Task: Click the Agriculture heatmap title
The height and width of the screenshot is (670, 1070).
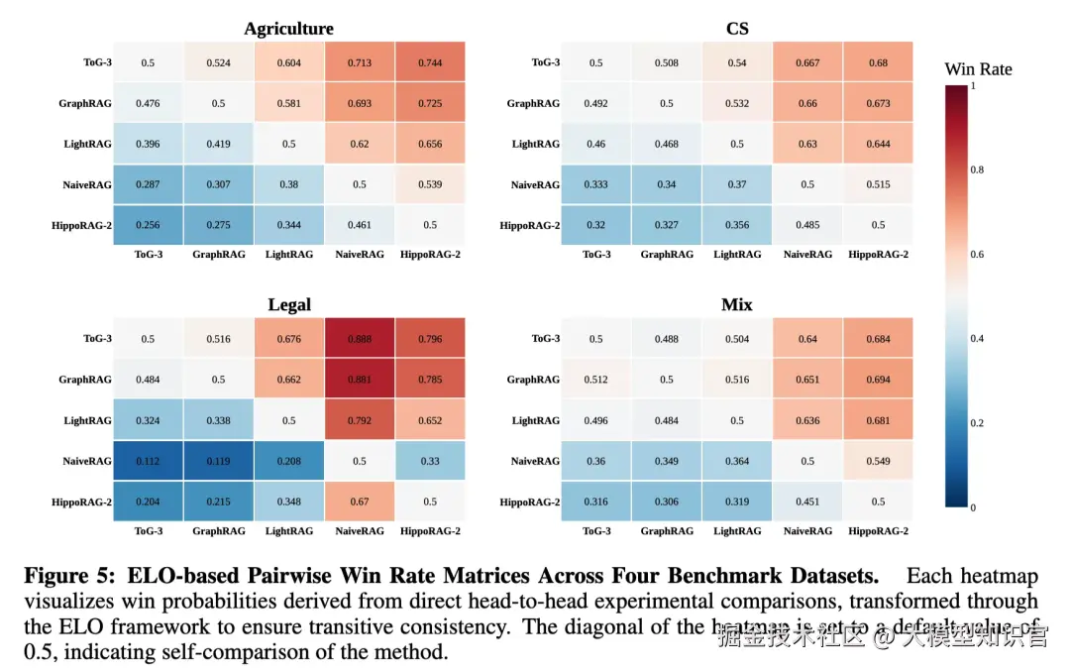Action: pos(288,29)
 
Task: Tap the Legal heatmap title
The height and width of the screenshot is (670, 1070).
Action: pos(288,304)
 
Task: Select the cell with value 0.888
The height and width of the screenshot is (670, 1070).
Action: pos(359,339)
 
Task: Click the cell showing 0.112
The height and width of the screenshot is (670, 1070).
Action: pos(148,461)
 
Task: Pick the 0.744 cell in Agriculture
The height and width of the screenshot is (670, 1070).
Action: pos(430,63)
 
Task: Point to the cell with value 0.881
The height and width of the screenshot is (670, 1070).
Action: pos(359,380)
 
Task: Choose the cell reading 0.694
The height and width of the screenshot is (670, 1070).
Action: pos(878,380)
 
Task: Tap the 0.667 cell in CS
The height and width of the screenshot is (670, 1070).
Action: pos(807,63)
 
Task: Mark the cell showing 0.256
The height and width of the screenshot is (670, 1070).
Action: pos(148,225)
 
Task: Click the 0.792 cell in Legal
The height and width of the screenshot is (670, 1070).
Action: pos(359,420)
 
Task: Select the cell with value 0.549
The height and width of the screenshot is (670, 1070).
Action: pos(878,461)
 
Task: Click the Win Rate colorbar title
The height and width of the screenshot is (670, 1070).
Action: pos(978,69)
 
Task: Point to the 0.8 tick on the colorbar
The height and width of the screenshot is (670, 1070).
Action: pos(977,170)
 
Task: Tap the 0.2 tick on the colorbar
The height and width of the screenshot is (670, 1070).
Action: pos(977,423)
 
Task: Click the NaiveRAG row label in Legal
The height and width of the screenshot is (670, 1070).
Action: pos(87,462)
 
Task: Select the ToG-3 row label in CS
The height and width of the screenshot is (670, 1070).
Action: pos(545,63)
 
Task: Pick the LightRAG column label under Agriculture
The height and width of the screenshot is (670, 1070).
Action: pos(288,255)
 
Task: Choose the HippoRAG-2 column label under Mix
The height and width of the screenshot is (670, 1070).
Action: pos(878,531)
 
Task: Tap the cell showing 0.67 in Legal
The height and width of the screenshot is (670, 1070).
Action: pos(359,502)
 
